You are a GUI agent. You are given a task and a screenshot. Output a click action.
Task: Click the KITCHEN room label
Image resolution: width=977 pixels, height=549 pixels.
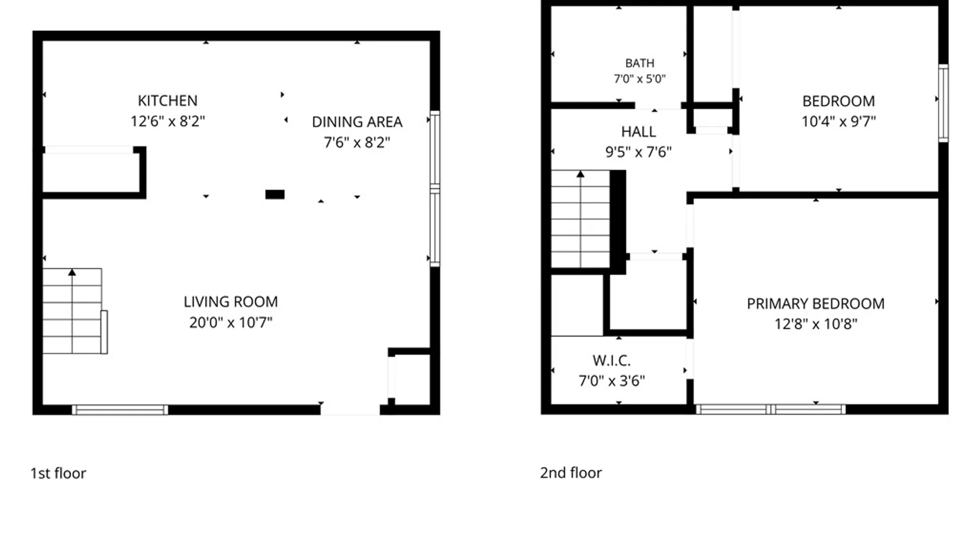167,101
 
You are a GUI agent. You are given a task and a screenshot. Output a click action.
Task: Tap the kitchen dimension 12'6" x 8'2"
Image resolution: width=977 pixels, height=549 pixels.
167,121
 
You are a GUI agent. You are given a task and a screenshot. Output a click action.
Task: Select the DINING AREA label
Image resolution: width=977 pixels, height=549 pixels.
357,122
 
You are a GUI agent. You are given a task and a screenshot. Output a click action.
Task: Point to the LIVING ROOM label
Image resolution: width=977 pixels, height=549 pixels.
231,302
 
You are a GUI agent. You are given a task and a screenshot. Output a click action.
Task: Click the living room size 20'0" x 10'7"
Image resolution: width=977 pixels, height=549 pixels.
231,322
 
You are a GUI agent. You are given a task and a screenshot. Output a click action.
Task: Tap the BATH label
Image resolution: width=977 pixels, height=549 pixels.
640,63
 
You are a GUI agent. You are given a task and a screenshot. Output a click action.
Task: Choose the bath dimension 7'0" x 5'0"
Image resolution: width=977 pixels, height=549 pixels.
640,79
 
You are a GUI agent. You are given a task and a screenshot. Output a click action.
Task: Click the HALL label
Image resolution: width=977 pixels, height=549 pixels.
638,132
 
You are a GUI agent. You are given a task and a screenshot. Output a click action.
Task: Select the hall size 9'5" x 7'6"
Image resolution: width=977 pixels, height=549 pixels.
638,152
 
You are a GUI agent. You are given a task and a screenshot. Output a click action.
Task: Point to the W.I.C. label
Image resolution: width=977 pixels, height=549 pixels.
612,360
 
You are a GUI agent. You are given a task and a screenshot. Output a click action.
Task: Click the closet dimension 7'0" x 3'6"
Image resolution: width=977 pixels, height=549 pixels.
612,381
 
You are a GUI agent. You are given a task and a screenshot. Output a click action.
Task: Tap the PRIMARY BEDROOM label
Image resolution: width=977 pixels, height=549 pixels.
816,303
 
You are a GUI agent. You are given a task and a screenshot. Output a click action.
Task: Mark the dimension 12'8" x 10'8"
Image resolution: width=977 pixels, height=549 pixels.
816,324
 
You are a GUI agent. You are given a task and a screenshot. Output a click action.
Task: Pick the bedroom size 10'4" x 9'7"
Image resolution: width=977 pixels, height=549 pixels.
839,121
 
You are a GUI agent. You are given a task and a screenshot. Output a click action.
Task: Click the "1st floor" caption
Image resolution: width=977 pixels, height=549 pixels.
58,473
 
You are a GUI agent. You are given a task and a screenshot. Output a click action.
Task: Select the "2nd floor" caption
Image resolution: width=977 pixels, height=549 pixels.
571,473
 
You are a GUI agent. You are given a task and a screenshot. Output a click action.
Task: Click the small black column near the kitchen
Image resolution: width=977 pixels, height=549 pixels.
275,194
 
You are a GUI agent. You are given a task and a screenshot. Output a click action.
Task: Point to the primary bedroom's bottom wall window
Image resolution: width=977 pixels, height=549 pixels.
771,409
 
